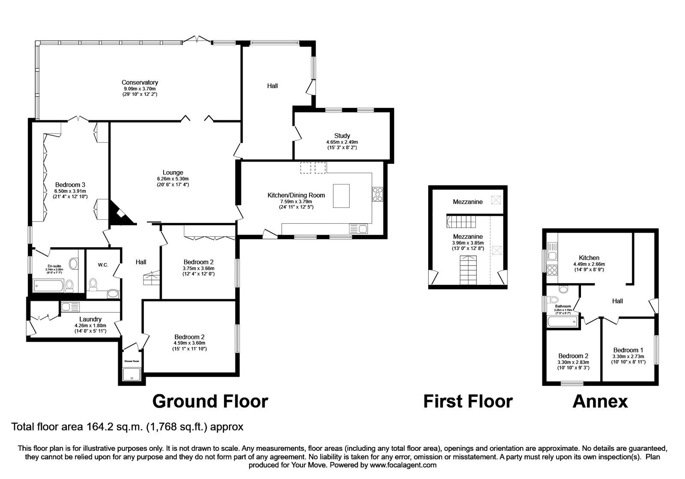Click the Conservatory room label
(140, 83)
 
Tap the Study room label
(342, 136)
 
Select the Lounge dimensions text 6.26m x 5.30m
(173, 179)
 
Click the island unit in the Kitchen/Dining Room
(341, 195)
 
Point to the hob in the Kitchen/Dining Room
(378, 194)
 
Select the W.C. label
(103, 265)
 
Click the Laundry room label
(90, 319)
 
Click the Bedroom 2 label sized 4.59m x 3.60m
(189, 337)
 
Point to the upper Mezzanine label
(468, 202)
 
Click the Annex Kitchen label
(589, 258)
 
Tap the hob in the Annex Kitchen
(552, 270)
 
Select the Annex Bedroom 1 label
(628, 350)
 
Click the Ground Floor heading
(210, 401)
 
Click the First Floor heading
(468, 401)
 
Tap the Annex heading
(600, 401)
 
